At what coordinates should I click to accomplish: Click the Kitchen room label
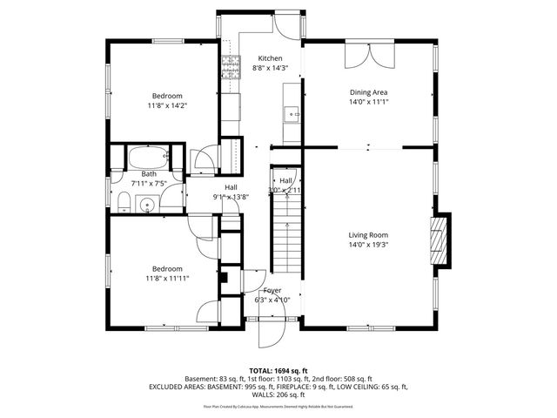(x=245, y=58)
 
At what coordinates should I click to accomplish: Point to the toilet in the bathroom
(x=124, y=204)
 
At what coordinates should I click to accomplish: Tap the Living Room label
(x=368, y=234)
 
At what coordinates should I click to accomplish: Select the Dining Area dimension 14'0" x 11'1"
(x=368, y=101)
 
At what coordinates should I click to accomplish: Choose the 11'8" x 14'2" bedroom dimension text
(x=167, y=105)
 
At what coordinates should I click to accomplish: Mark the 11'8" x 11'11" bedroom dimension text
(x=167, y=279)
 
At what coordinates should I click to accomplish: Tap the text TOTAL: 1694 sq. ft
(x=278, y=371)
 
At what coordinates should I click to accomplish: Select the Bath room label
(x=149, y=174)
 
